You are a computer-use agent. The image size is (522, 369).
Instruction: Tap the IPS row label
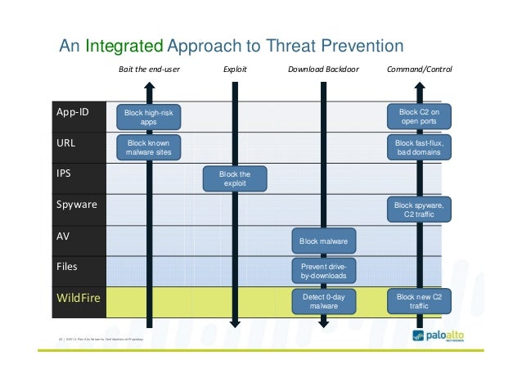(63, 173)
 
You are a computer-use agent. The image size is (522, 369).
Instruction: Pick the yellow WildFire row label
(78, 298)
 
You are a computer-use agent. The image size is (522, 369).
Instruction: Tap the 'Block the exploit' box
(235, 178)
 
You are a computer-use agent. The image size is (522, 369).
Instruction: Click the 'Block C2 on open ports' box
(418, 116)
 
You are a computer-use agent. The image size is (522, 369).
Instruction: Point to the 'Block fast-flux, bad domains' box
(418, 147)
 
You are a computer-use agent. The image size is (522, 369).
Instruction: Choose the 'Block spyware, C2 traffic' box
(418, 209)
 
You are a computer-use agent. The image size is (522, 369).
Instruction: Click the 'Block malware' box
(323, 241)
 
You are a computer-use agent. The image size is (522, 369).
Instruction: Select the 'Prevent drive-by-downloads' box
(323, 271)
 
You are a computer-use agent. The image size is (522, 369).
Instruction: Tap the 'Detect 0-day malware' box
(323, 301)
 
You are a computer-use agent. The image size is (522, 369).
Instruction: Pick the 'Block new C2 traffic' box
(418, 301)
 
